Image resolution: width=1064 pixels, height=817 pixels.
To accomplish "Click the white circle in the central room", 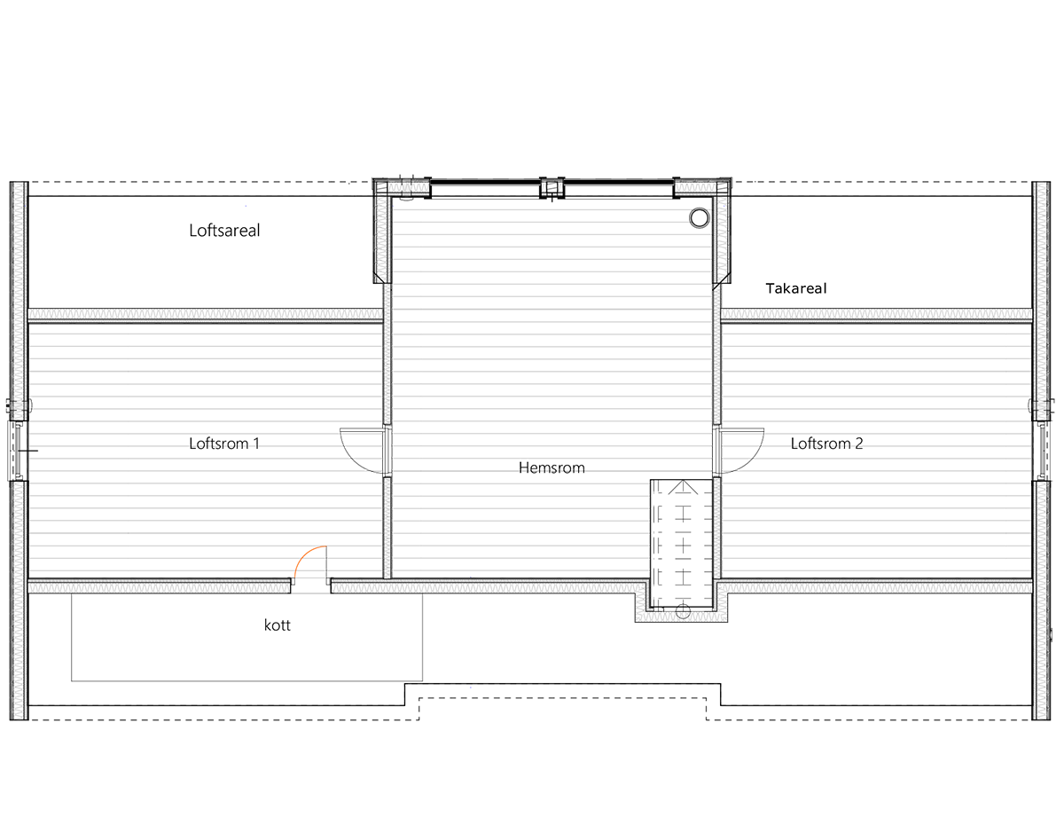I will tap(700, 218).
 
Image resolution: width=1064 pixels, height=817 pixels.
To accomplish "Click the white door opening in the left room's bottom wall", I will tap(310, 585).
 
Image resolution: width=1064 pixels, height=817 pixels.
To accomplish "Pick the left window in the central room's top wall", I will tap(485, 190).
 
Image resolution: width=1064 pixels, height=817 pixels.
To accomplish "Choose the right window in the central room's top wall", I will tap(618, 190).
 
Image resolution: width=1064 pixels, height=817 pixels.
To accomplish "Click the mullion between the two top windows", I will tap(552, 188).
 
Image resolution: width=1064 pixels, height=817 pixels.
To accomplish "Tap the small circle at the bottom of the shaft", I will tap(683, 611).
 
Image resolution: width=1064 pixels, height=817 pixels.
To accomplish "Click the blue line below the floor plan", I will tap(438, 687).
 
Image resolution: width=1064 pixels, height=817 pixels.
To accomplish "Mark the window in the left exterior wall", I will tap(18, 450).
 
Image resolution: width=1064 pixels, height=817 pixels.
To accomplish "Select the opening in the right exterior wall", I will tap(1046, 450).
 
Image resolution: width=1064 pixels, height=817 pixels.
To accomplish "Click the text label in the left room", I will tap(223, 444).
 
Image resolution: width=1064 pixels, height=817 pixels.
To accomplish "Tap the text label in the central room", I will tap(552, 467).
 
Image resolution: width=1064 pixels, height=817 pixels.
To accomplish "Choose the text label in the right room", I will tap(825, 444).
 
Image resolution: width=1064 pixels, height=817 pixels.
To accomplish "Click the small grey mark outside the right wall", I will tap(1057, 635).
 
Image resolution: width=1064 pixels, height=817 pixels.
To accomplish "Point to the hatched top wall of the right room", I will tap(876, 314).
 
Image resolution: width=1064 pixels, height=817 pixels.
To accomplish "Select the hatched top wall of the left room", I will tap(205, 314).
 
